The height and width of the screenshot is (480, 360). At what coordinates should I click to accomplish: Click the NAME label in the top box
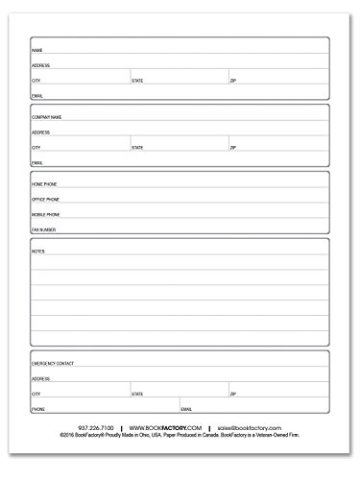pos(36,49)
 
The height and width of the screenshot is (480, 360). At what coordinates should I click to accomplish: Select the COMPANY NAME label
pos(43,116)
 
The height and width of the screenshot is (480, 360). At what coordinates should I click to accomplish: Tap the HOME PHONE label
pos(40,182)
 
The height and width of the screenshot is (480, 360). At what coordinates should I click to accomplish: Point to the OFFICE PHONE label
pos(41,199)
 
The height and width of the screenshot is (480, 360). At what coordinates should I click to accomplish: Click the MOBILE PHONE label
pos(41,214)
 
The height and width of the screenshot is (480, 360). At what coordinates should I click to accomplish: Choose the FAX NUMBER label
pos(40,230)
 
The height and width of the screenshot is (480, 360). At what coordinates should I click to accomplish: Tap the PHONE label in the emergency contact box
pos(38,410)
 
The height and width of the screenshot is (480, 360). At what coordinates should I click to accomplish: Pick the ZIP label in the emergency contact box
pos(232,395)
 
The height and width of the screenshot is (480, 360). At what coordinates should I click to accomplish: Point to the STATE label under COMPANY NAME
pos(137,148)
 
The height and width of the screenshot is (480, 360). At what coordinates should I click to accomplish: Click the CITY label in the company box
pos(36,148)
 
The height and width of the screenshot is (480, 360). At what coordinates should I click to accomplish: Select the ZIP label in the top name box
pos(232,81)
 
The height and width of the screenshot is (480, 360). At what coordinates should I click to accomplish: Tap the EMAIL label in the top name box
pos(37,97)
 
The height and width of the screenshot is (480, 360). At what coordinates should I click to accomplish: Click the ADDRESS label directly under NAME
pos(40,65)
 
